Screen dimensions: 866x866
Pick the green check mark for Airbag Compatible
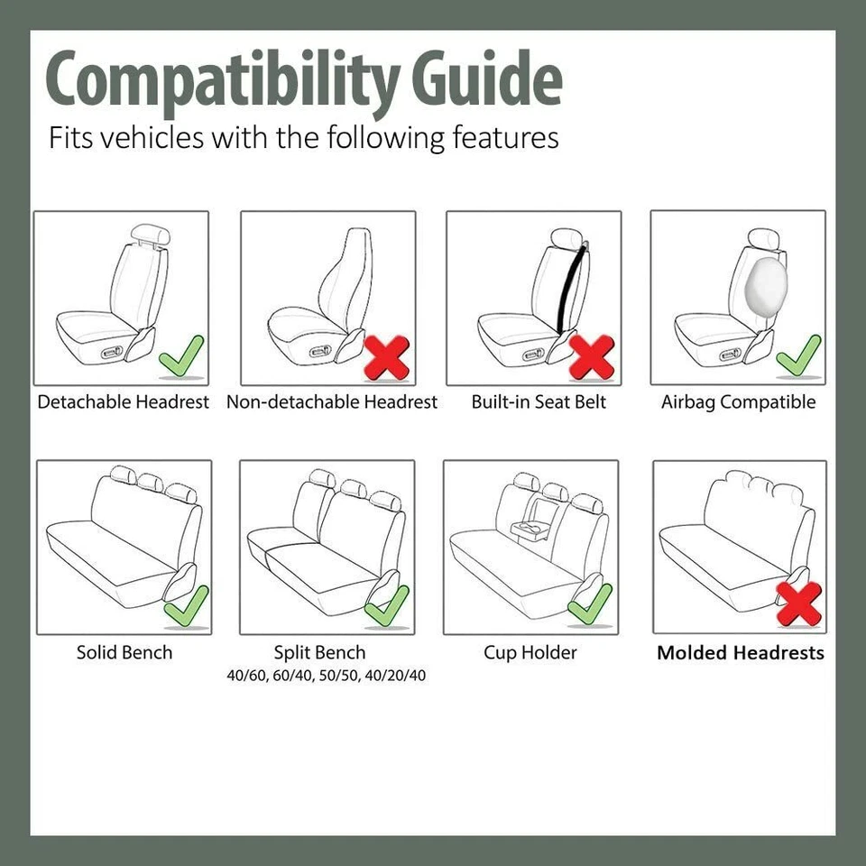point(797,355)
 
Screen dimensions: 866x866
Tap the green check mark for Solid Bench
point(186,606)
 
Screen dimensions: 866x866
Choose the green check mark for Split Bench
point(387,606)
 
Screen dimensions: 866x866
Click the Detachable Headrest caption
point(123,402)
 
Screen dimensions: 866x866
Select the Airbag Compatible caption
point(738,402)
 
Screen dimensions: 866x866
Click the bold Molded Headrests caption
point(740,653)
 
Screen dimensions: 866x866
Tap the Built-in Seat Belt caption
point(539,402)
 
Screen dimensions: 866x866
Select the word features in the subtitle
point(494,138)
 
